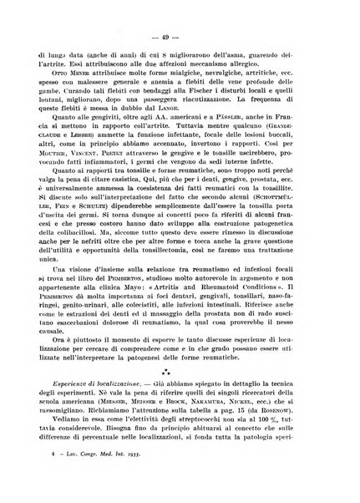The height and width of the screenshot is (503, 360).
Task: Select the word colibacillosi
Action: pyautogui.click(x=84, y=298)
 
